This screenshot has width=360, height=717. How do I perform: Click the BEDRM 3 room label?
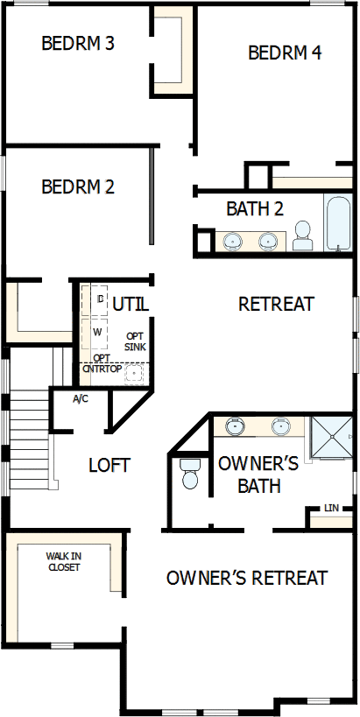[78, 43]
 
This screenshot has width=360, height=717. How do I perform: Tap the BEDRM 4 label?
[285, 53]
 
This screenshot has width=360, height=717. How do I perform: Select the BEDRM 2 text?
[78, 186]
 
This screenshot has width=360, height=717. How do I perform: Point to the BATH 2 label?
[255, 209]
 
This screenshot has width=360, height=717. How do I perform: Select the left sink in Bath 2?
[233, 241]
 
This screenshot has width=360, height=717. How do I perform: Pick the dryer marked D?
[99, 300]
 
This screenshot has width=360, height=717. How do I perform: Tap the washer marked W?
[98, 334]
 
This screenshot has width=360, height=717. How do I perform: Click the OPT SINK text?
[136, 341]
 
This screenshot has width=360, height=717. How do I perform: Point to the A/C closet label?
[80, 399]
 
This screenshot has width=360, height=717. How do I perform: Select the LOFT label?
[109, 465]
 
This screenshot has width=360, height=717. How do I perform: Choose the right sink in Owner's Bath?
[281, 427]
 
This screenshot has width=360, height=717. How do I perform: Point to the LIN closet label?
[331, 508]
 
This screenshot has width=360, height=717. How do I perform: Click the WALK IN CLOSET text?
[63, 561]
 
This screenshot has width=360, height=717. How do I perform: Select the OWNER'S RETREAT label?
[247, 578]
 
